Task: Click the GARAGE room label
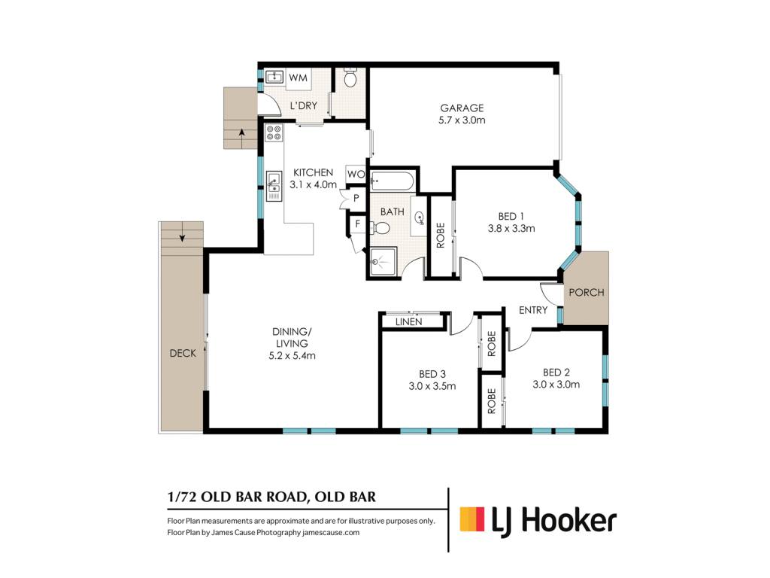tap(462, 108)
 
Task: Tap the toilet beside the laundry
tap(350, 78)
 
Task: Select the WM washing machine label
tap(298, 78)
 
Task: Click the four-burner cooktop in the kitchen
tap(274, 132)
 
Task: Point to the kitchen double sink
tap(274, 187)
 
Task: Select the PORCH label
tap(587, 293)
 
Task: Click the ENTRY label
tap(533, 310)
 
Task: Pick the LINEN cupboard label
tap(408, 321)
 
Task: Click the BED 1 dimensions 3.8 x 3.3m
tap(511, 229)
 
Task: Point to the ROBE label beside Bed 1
tap(440, 236)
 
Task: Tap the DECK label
tap(183, 353)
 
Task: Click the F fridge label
tap(357, 224)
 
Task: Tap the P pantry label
tap(356, 199)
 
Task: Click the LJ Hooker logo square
tap(472, 519)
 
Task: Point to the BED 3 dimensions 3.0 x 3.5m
tap(432, 386)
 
